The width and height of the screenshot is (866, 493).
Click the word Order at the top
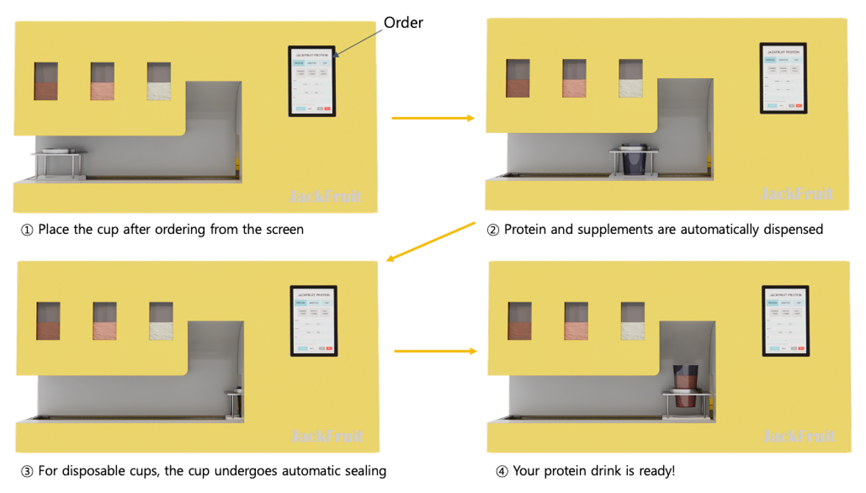click(404, 23)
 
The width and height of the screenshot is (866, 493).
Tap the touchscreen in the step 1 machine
click(312, 81)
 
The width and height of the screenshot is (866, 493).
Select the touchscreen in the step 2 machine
click(783, 78)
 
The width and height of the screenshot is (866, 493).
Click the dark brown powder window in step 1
click(46, 82)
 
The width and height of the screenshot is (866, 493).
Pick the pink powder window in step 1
click(102, 82)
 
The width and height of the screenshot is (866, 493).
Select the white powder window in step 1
click(159, 82)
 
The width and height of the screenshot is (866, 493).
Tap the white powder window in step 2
click(631, 79)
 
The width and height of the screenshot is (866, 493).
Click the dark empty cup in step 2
click(633, 161)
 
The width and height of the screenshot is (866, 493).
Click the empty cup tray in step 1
click(59, 152)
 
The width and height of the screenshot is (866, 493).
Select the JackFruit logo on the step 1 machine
click(325, 196)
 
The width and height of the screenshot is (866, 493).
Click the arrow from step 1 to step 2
click(433, 118)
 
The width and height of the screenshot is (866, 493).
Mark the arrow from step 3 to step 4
click(436, 352)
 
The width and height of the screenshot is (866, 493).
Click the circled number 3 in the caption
click(27, 472)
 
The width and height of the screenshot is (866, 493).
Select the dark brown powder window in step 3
click(49, 321)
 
